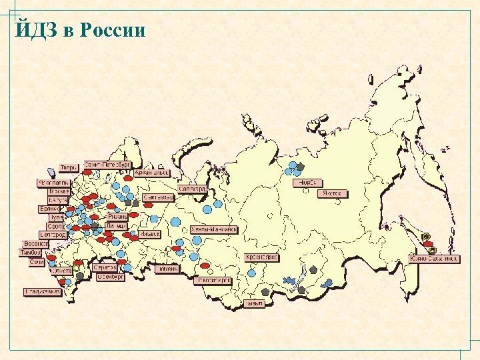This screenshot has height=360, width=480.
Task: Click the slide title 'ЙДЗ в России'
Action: point(79,30)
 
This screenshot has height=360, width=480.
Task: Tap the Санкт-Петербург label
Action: point(108,164)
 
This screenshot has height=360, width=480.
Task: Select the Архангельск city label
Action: point(151,173)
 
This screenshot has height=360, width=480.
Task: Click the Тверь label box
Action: point(69,167)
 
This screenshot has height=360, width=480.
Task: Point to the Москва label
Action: point(59,191)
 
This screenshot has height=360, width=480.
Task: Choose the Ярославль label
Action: point(53,182)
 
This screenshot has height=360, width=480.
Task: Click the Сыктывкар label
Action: point(159,197)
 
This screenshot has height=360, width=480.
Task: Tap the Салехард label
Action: point(193,189)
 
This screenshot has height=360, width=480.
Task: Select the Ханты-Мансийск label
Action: point(214,229)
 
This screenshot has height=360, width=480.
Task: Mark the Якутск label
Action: point(332,193)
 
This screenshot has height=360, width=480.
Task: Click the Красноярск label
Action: point(262,257)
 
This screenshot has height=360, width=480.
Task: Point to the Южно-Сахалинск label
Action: point(434,259)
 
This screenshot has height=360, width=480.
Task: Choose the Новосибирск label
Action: point(213,281)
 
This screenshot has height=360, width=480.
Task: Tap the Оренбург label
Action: point(109,276)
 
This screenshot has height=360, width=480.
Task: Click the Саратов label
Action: point(105,267)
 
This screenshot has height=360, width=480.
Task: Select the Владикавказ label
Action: point(42,291)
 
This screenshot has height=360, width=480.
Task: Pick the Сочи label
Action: point(37,262)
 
